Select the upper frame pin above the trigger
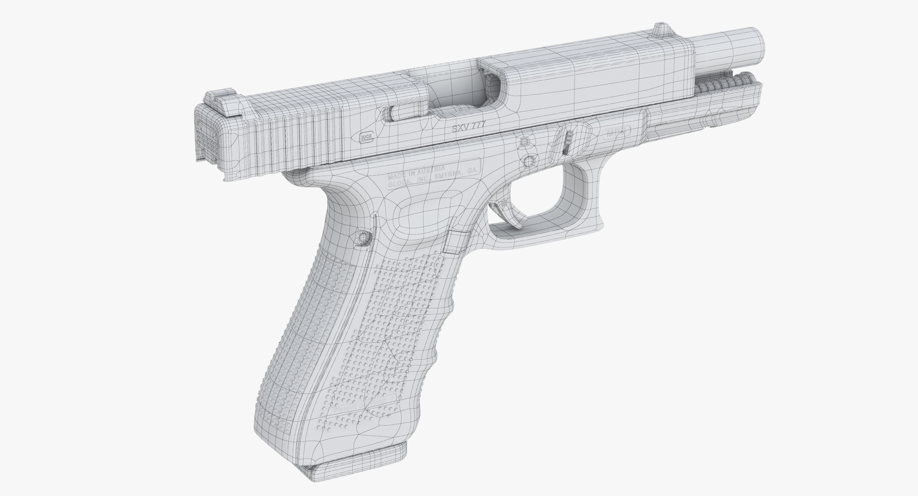click(525, 142)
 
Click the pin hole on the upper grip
click(363, 237)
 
